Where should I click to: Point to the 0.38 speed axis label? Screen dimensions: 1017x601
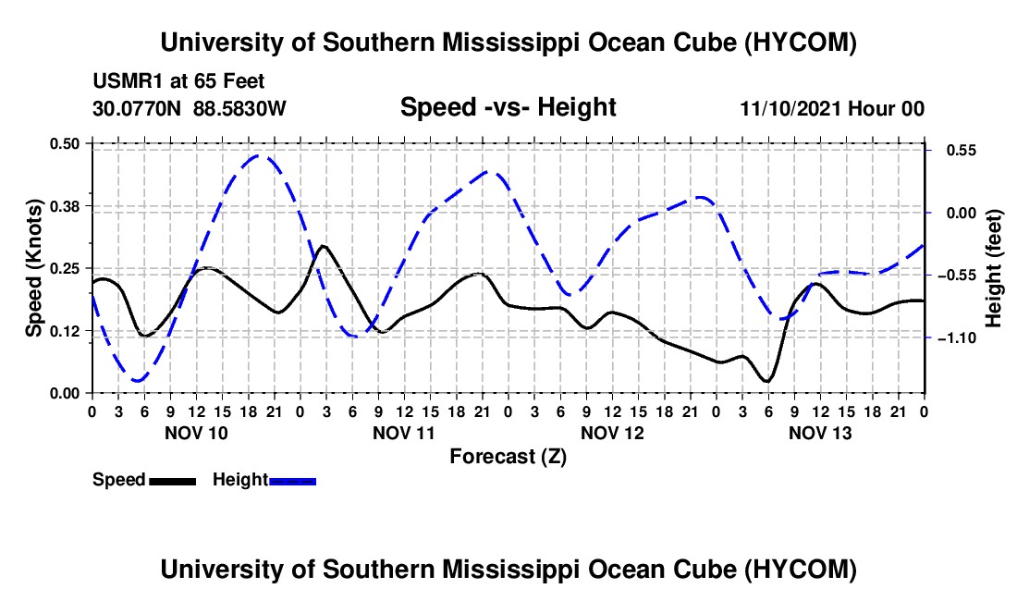(x=64, y=206)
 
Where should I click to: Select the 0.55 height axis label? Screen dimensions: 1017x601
(x=962, y=151)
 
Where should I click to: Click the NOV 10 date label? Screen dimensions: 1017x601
(x=196, y=433)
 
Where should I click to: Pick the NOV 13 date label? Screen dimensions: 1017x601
(x=820, y=433)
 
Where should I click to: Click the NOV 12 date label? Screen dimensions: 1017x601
(x=612, y=433)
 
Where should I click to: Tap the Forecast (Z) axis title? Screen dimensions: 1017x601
(x=508, y=457)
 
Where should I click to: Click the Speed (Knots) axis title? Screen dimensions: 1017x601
(x=33, y=268)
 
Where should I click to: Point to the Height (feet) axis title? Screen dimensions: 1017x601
(x=994, y=268)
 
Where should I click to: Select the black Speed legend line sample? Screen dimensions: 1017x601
(x=172, y=482)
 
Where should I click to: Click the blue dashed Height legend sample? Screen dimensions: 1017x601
(x=292, y=482)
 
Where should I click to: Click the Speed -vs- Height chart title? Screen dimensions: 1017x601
(x=508, y=107)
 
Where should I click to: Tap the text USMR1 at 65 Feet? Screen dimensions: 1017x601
(x=178, y=81)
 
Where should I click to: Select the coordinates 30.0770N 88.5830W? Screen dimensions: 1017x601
(x=190, y=108)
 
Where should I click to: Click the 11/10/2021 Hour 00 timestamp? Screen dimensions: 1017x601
(x=832, y=108)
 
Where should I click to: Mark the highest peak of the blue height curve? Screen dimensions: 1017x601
(x=260, y=155)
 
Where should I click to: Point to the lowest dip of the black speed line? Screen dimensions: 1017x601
(x=767, y=381)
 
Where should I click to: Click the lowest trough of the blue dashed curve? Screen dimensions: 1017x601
(x=137, y=381)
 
